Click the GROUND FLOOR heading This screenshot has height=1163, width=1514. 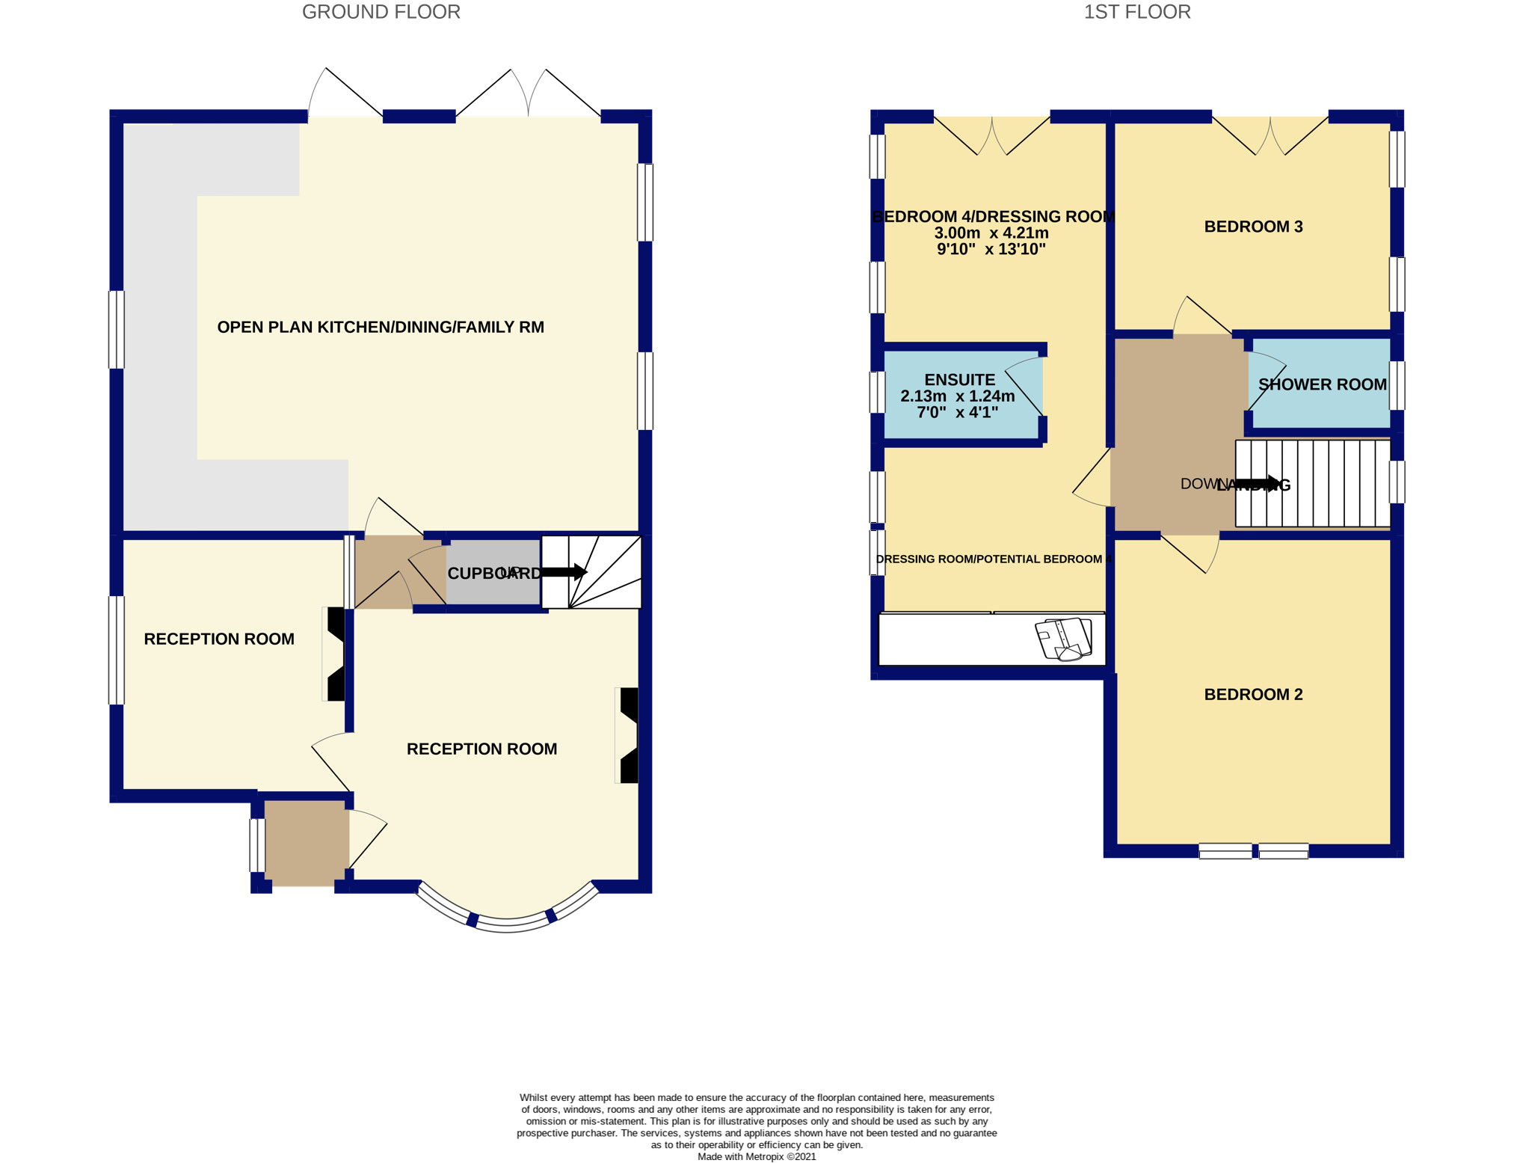coord(381,12)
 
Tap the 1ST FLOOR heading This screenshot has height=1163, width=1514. coord(1136,12)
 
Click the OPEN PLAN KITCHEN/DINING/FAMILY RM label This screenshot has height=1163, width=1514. coord(380,327)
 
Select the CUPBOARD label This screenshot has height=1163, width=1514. coord(493,574)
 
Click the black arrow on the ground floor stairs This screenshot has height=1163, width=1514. coord(564,572)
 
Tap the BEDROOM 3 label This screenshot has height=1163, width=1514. coord(1253,227)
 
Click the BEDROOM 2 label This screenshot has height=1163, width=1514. coord(1253,694)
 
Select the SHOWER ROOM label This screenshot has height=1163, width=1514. coord(1322,384)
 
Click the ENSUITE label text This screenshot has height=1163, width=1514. coord(959,380)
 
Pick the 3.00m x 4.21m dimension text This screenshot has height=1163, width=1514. coord(991,233)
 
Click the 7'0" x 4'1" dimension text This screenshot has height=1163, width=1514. coord(957,412)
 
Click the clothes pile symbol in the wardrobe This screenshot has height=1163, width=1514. coord(1063,639)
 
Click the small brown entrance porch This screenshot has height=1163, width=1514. coord(307,843)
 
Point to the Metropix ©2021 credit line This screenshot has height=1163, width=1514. coord(756,1156)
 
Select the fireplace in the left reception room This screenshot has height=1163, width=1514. coord(335,653)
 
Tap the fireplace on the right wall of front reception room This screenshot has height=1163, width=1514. coord(628,735)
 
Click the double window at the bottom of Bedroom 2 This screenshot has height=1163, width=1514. coord(1253,850)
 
